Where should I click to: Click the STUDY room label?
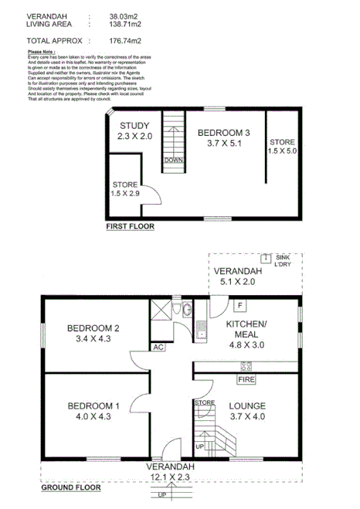[135, 125]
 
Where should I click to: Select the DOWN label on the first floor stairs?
[172, 160]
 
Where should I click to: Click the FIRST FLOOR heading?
[130, 227]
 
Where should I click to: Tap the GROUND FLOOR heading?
[70, 488]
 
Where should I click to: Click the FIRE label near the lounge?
[246, 380]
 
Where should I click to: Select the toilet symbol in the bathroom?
[179, 310]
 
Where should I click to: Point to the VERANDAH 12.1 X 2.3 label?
[161, 473]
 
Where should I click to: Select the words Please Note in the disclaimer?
[41, 53]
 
